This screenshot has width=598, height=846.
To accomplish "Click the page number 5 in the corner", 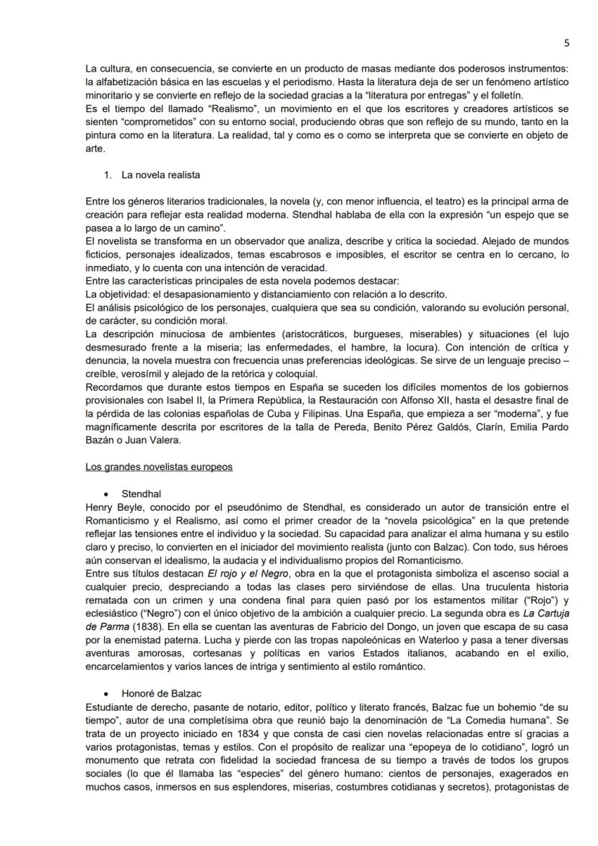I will click(x=566, y=43).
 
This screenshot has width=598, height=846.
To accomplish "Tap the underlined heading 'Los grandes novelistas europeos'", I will click(x=159, y=467).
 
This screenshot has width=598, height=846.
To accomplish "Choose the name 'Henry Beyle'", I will click(x=108, y=507).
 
